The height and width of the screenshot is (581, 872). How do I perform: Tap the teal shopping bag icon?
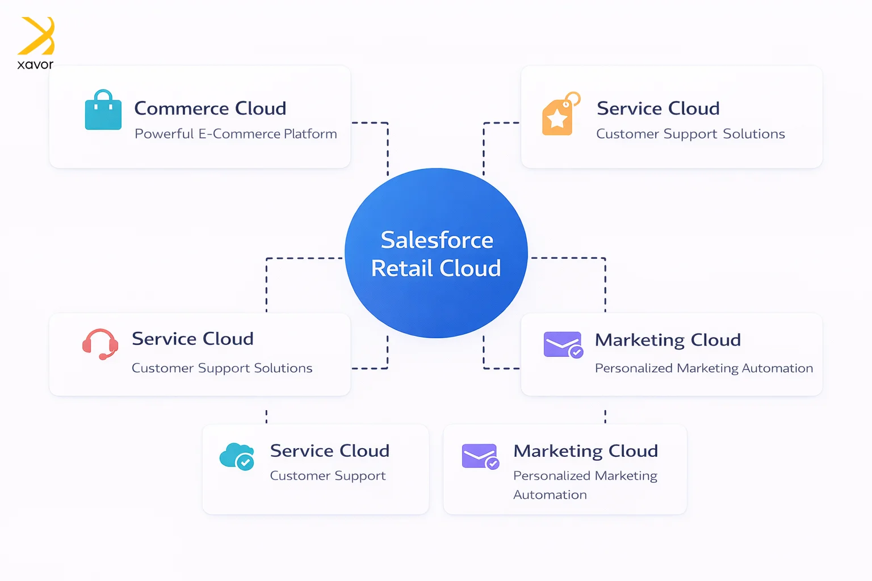click(x=103, y=111)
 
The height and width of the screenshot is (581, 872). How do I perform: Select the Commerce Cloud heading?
click(x=210, y=108)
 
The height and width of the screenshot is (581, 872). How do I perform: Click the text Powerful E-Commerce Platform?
click(x=236, y=134)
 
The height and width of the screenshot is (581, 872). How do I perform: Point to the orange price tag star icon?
click(x=560, y=115)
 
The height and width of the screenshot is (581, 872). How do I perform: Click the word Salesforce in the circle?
click(x=437, y=240)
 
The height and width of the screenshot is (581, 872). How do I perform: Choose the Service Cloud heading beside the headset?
click(x=192, y=339)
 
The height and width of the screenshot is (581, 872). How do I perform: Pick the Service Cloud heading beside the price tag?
click(x=658, y=108)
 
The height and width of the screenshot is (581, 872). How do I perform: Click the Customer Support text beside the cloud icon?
click(x=328, y=475)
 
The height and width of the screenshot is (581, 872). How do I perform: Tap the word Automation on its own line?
click(x=550, y=495)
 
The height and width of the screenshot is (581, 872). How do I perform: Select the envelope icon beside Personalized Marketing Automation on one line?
click(x=563, y=344)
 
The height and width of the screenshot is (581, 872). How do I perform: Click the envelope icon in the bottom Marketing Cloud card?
click(x=480, y=456)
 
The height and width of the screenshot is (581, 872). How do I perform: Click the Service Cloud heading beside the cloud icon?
click(x=329, y=451)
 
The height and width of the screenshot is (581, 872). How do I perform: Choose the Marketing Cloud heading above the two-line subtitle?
click(x=585, y=451)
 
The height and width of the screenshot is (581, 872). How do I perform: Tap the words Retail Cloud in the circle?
click(x=436, y=268)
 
